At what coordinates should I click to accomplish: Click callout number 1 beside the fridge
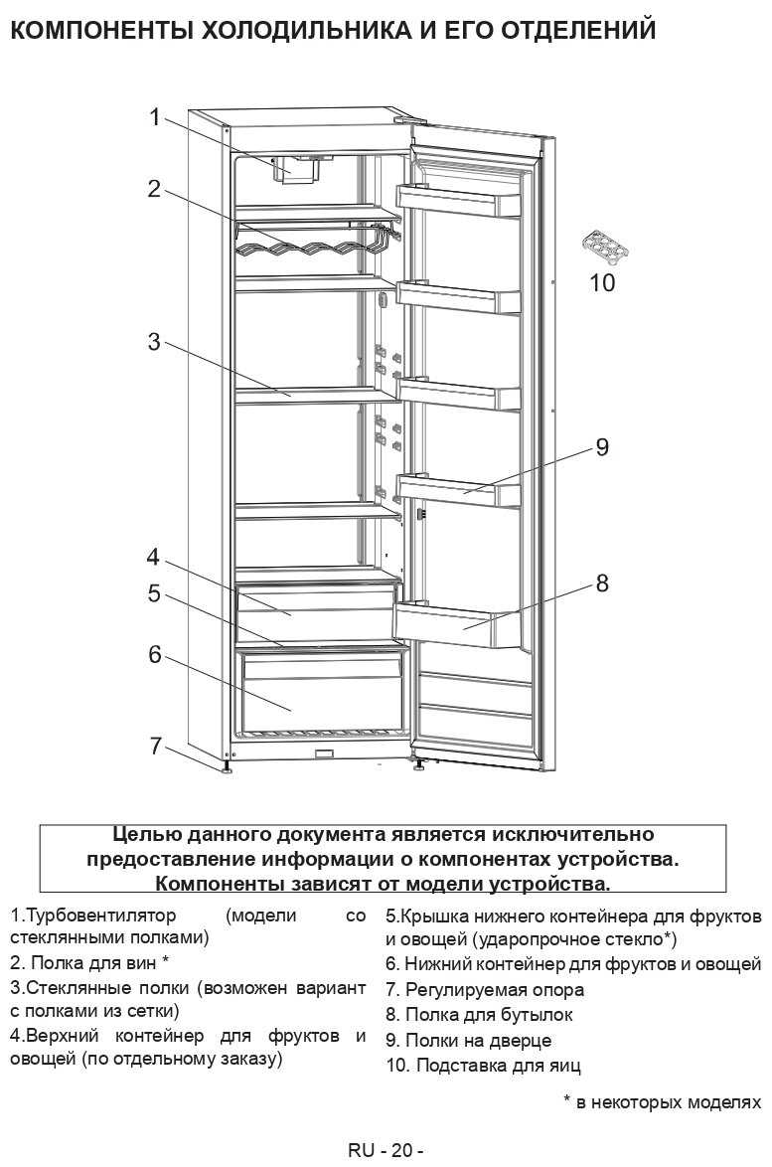tap(154, 117)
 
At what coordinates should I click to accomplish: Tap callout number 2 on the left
tap(154, 188)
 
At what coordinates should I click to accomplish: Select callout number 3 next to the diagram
tap(154, 342)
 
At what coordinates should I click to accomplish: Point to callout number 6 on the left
tap(154, 654)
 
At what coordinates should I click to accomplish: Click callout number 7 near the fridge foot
tap(154, 746)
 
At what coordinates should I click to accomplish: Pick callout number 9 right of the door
tap(602, 447)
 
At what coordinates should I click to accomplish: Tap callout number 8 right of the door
tap(602, 583)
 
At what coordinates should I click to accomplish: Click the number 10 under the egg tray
tap(602, 283)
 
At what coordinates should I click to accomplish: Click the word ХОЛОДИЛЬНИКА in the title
tap(295, 31)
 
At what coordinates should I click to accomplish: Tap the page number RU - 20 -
tap(386, 1151)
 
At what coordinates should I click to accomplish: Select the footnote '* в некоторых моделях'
tap(662, 1102)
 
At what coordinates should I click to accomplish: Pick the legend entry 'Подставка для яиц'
tap(484, 1066)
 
